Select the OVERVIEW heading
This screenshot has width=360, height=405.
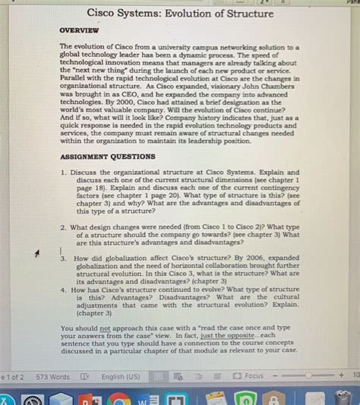[79, 31]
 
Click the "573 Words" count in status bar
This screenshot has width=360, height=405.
[52, 376]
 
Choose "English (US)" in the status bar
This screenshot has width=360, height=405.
[120, 376]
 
